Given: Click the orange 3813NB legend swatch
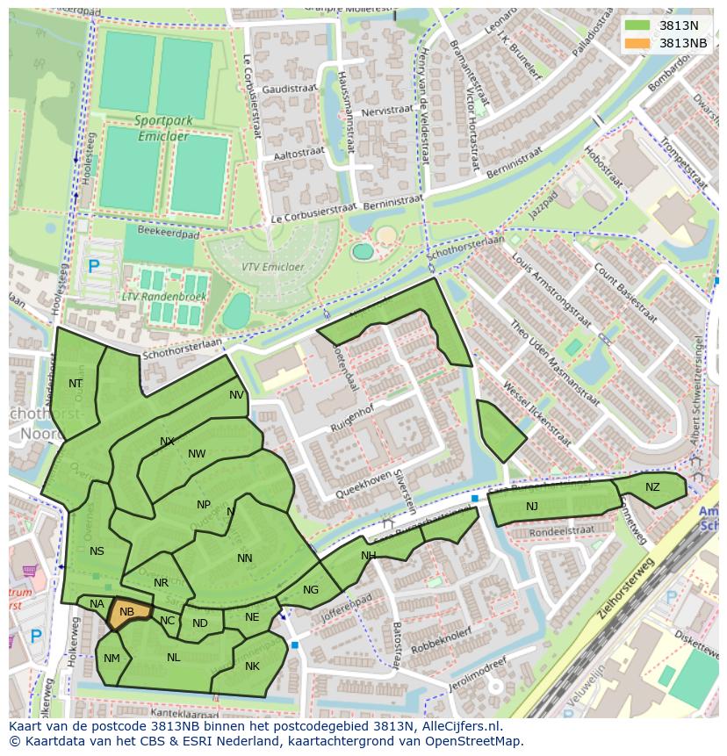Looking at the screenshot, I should tap(638, 43).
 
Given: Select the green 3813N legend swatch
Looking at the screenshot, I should tap(638, 25).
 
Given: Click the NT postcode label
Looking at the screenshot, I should tap(76, 384).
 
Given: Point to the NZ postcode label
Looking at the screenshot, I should tap(652, 487).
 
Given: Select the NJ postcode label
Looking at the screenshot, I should tap(532, 507).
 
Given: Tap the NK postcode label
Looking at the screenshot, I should tap(252, 666).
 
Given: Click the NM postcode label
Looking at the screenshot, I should tap(112, 659).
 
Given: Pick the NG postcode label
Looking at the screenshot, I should tap(311, 590).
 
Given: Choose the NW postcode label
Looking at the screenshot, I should tap(197, 454).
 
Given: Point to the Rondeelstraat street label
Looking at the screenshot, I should tap(562, 530).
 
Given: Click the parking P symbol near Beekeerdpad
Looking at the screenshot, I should tap(94, 265).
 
